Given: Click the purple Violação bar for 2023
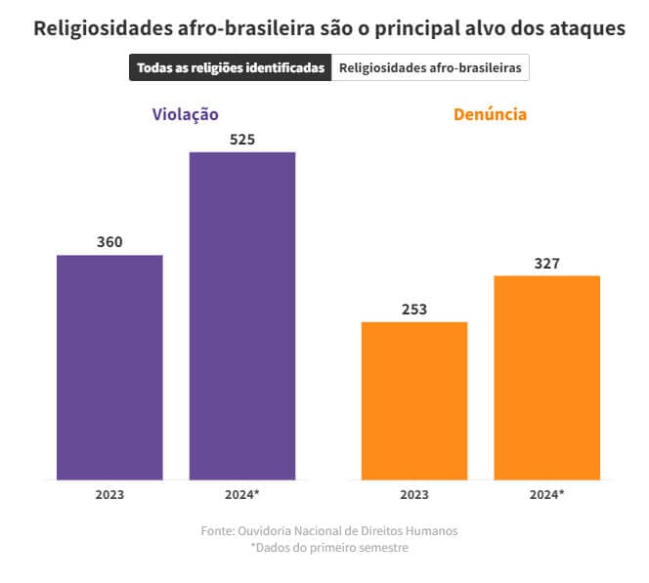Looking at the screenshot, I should click(x=109, y=367).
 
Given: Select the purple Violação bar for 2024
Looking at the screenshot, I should click(x=242, y=315).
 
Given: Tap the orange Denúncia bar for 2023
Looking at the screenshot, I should click(x=414, y=400).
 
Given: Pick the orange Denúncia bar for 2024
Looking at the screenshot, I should click(x=547, y=377).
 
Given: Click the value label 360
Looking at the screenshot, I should click(x=109, y=241).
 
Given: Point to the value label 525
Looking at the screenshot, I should click(x=242, y=139).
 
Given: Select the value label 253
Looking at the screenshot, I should click(x=414, y=310).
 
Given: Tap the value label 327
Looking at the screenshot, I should click(x=547, y=264).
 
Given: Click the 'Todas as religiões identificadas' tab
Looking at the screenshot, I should click(x=231, y=68).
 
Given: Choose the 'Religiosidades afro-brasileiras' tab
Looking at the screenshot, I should click(x=430, y=68).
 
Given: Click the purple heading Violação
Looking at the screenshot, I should click(x=185, y=114).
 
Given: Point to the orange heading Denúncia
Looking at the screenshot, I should click(x=490, y=114).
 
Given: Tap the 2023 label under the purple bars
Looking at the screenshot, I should click(x=109, y=494).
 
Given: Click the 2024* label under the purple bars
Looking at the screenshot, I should click(x=243, y=494).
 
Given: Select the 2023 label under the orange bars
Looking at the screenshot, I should click(x=414, y=494).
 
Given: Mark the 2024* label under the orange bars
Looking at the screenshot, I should click(x=547, y=494).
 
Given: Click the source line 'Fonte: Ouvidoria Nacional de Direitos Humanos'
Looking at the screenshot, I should click(x=329, y=530).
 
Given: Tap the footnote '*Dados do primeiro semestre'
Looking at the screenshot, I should click(x=329, y=548).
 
